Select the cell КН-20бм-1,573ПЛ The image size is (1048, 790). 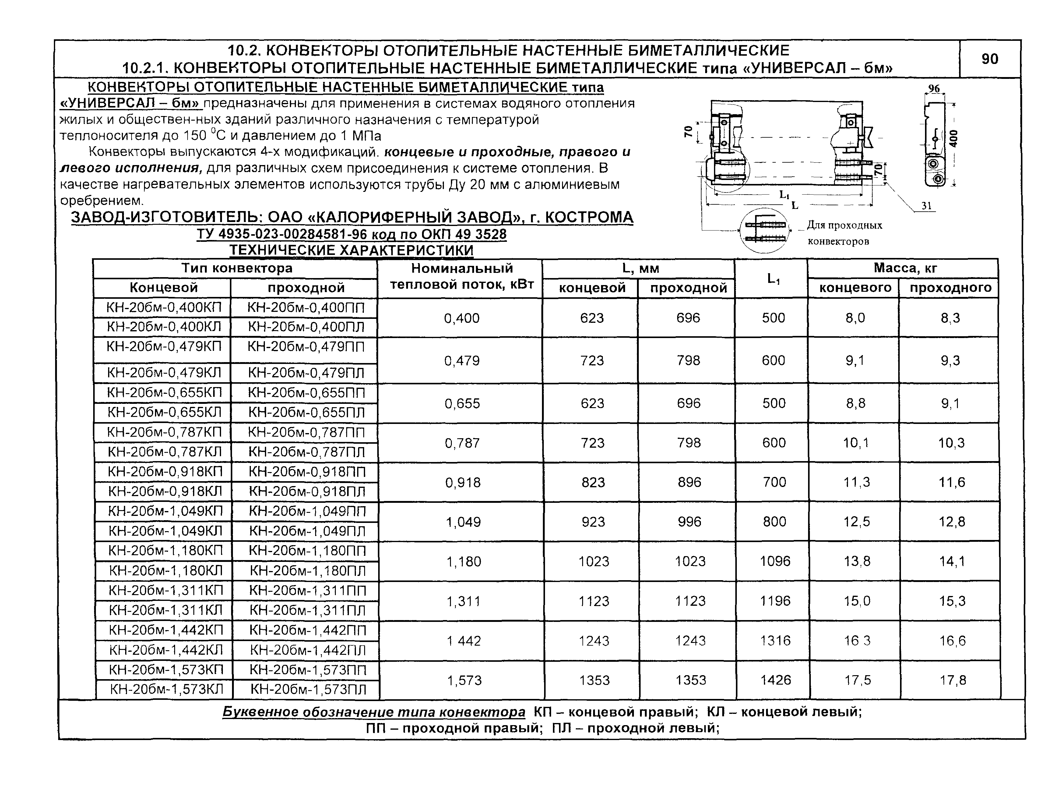tap(308, 689)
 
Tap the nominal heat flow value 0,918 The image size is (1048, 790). tap(462, 482)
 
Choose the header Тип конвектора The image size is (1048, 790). tap(237, 268)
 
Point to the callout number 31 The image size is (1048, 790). tap(926, 205)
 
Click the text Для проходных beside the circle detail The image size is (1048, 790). tap(845, 225)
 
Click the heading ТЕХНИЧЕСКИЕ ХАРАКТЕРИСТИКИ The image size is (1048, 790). tap(352, 250)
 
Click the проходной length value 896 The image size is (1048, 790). tap(689, 482)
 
